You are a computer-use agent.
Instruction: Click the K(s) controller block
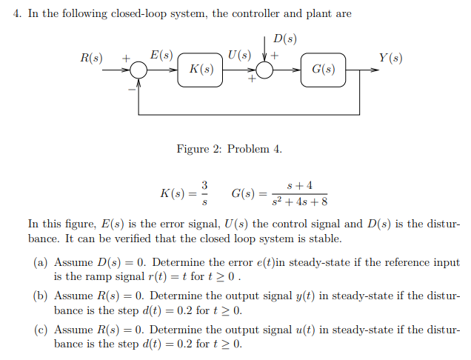(x=201, y=70)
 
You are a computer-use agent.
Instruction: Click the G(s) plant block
(x=323, y=70)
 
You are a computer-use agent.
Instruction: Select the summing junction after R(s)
(x=138, y=70)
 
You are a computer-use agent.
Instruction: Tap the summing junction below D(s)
(x=264, y=70)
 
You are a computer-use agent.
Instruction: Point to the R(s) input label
(x=92, y=57)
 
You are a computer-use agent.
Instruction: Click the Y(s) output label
(x=390, y=57)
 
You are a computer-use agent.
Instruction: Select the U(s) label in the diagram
(x=239, y=55)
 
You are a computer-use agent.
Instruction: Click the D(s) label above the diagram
(x=286, y=39)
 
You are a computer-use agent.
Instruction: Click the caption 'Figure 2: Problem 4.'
(x=229, y=149)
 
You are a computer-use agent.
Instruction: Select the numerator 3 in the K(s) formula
(x=205, y=184)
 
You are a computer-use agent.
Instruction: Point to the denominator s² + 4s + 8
(x=299, y=201)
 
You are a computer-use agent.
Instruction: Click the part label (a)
(x=41, y=263)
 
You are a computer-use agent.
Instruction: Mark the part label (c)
(x=41, y=330)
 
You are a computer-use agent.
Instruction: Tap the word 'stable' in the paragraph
(x=324, y=239)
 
